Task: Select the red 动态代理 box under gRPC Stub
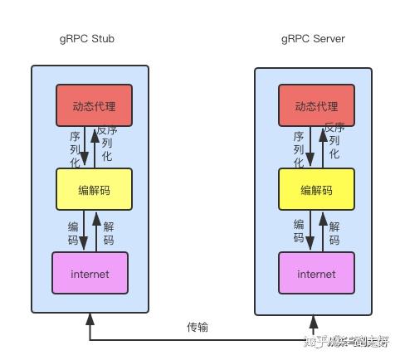(89, 106)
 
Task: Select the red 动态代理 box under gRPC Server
(315, 106)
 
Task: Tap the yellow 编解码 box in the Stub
(89, 189)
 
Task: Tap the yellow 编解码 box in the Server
(315, 189)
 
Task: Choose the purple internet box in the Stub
(90, 273)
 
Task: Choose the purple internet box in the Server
(315, 273)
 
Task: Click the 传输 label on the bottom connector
(198, 327)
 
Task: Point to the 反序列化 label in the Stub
(105, 143)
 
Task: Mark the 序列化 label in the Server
(299, 146)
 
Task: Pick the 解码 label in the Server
(334, 233)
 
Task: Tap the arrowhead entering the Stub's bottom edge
(90, 320)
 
